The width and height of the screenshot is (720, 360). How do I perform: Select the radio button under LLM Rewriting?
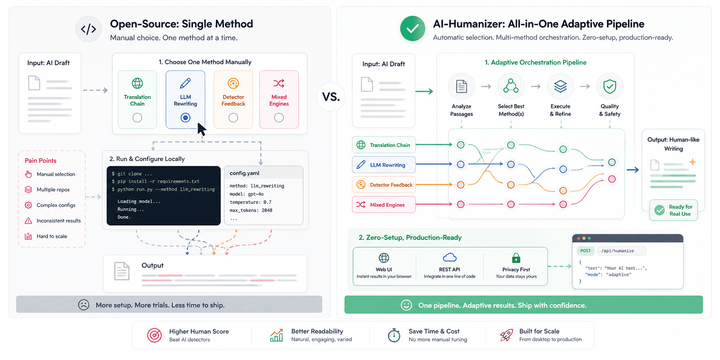click(x=185, y=118)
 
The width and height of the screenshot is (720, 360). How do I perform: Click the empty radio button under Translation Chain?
click(x=137, y=118)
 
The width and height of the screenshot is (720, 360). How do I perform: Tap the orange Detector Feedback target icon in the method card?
click(x=233, y=83)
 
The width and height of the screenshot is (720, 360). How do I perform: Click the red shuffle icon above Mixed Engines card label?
click(x=279, y=83)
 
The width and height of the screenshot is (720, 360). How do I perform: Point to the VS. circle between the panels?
click(x=331, y=97)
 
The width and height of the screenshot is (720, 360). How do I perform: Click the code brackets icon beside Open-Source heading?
click(x=88, y=29)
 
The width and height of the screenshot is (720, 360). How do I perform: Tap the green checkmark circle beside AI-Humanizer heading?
click(x=412, y=28)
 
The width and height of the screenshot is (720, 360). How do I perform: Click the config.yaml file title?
click(x=244, y=173)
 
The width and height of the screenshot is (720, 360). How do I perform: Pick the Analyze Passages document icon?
click(x=461, y=86)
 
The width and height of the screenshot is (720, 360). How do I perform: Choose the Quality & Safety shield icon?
click(x=610, y=86)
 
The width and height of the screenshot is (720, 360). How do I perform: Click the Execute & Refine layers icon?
click(x=560, y=86)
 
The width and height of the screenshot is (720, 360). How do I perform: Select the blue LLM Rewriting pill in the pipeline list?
click(x=384, y=165)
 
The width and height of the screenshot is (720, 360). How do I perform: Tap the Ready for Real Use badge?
click(x=673, y=210)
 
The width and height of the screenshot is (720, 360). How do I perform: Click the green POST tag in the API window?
click(x=586, y=251)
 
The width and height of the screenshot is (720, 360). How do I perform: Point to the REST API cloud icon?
click(x=450, y=257)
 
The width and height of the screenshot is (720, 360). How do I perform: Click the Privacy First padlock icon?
click(x=516, y=258)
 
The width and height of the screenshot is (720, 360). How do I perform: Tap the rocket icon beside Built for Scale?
click(x=506, y=335)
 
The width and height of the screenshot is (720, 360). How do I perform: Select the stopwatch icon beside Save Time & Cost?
click(x=394, y=335)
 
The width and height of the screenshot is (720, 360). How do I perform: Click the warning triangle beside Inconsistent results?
click(x=28, y=221)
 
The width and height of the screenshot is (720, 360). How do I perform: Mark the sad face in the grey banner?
click(x=84, y=305)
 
